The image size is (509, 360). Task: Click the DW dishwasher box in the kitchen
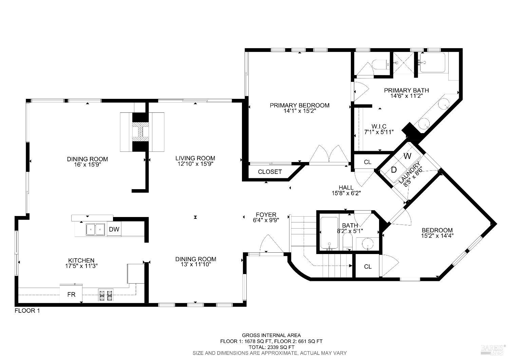tap(114, 229)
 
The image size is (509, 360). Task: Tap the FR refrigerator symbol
tap(71, 294)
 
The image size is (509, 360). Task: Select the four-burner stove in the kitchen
tap(106, 295)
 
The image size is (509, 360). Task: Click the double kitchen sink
tap(95, 230)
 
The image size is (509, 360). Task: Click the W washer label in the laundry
tap(408, 156)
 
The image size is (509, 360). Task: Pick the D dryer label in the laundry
tap(394, 170)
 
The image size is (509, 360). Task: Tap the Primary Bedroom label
tap(299, 105)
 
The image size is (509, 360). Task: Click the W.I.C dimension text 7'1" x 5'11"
tap(379, 132)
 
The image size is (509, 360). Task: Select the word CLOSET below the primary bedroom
tap(270, 172)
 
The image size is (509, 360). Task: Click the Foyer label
tap(266, 215)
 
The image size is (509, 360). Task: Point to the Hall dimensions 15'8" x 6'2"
tap(346, 193)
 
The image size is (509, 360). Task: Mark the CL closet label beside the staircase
tap(368, 267)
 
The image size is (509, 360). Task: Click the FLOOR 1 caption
tap(27, 311)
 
